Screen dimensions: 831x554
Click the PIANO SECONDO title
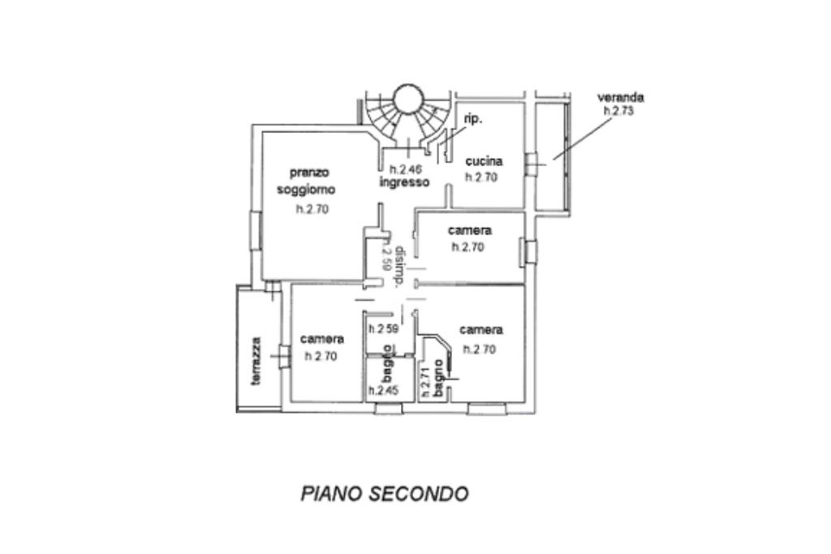(385, 494)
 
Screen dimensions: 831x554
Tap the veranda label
(621, 97)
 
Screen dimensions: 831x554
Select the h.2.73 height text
(618, 111)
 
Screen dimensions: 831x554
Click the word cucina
(484, 161)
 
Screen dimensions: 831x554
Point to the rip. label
(473, 119)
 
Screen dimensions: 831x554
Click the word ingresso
(404, 183)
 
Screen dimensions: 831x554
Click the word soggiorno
(305, 189)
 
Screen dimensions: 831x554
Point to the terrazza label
(256, 361)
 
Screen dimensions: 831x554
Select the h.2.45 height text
(383, 390)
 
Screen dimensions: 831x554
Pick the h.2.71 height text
(424, 382)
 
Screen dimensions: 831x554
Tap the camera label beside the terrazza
(322, 339)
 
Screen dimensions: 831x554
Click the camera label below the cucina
(469, 230)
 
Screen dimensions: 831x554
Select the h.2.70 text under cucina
(481, 177)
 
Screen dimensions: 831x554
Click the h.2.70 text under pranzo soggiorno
(312, 209)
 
